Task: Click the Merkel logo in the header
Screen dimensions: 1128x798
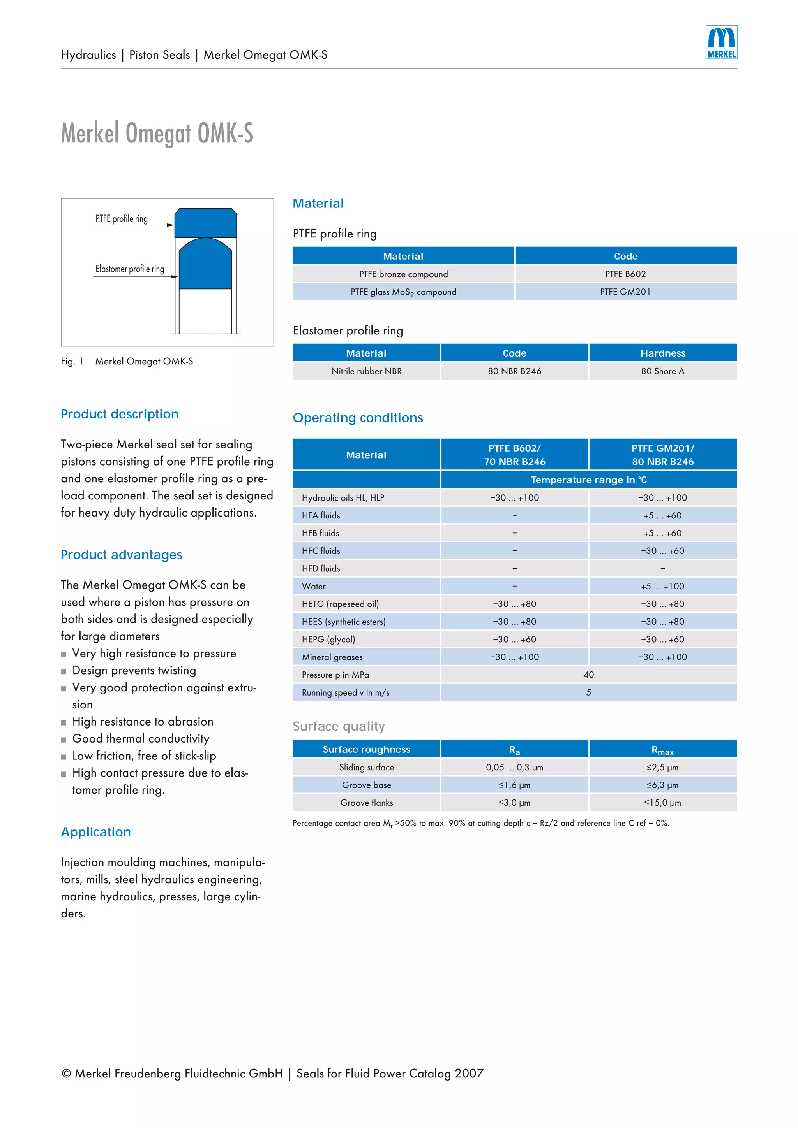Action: [721, 42]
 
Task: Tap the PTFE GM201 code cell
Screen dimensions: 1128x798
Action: [625, 292]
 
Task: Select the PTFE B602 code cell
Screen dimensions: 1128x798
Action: [625, 274]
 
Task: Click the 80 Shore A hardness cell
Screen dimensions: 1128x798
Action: [662, 371]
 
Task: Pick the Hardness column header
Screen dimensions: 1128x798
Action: [662, 353]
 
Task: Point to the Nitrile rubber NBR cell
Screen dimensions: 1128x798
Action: [366, 371]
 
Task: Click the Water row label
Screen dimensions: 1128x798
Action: [314, 586]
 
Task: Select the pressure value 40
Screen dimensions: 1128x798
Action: [588, 675]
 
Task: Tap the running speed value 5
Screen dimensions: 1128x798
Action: [588, 692]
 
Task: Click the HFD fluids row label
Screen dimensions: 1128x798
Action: [321, 568]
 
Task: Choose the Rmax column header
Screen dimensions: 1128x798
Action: [662, 750]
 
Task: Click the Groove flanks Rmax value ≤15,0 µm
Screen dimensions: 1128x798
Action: [662, 803]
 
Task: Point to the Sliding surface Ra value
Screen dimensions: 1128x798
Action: [514, 768]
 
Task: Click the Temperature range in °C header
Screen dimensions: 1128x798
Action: [588, 480]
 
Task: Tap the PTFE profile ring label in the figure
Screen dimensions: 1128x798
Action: [122, 219]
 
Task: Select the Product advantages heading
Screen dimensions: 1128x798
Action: [122, 555]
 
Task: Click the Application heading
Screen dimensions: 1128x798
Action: [96, 832]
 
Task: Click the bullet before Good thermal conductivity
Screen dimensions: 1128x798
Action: [64, 740]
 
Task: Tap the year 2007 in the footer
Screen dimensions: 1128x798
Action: [469, 1074]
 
